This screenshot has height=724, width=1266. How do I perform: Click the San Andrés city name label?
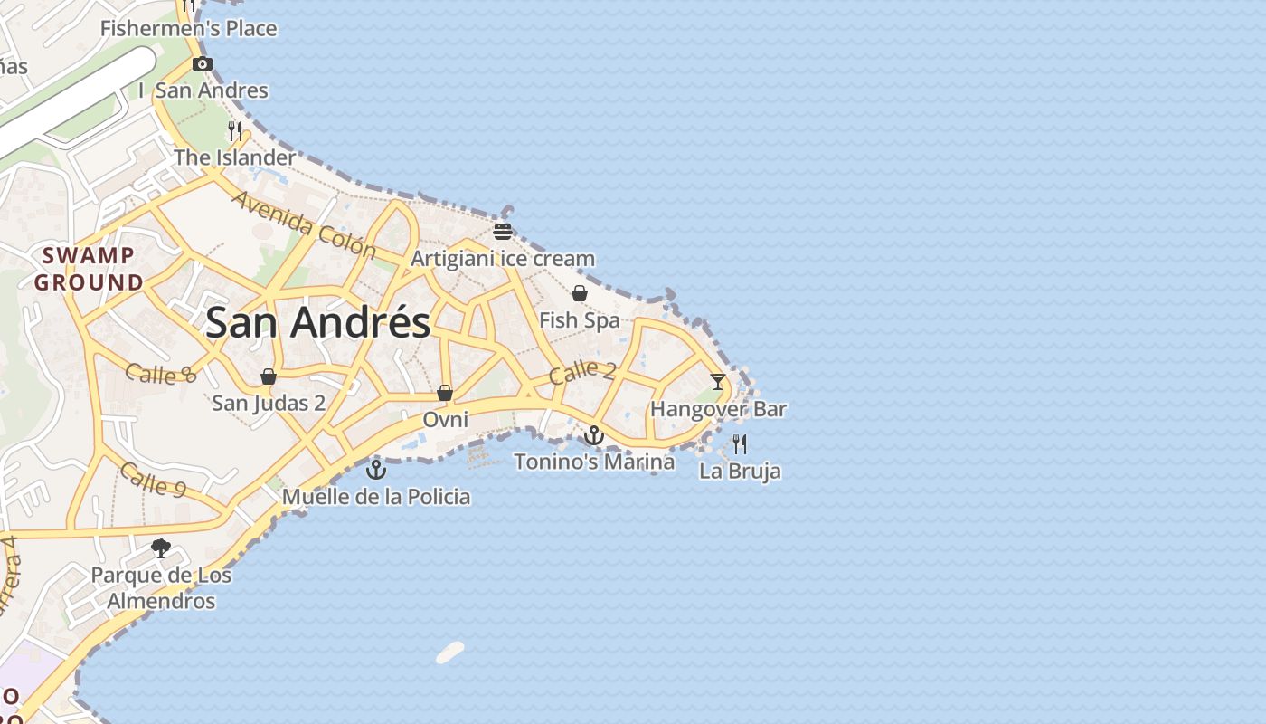[x=318, y=323]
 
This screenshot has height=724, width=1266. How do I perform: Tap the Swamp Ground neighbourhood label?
[x=89, y=269]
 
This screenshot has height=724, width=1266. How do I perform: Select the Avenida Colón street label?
[x=304, y=224]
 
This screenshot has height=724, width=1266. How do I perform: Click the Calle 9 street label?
[x=153, y=481]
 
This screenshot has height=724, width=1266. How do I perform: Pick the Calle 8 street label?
[x=161, y=374]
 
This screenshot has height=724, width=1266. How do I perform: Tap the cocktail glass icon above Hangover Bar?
[x=718, y=382]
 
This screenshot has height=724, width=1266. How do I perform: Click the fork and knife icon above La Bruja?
[x=740, y=443]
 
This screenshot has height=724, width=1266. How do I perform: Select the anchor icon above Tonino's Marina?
[x=593, y=435]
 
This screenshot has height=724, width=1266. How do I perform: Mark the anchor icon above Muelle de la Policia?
[x=376, y=470]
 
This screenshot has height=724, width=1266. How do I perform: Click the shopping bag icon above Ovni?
[x=445, y=393]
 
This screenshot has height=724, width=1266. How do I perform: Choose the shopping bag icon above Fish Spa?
[x=580, y=293]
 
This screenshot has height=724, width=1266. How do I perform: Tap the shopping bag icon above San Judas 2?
[x=269, y=376]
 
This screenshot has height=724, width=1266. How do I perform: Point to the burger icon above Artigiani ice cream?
[x=503, y=232]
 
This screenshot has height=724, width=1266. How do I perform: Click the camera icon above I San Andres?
[x=203, y=63]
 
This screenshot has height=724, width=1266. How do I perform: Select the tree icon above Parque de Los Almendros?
[x=161, y=548]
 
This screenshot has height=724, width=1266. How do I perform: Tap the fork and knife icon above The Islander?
[x=235, y=130]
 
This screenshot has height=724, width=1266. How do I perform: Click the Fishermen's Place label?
[x=188, y=28]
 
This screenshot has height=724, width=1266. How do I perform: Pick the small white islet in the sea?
[x=449, y=653]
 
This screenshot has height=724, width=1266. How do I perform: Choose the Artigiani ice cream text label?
[x=503, y=259]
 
